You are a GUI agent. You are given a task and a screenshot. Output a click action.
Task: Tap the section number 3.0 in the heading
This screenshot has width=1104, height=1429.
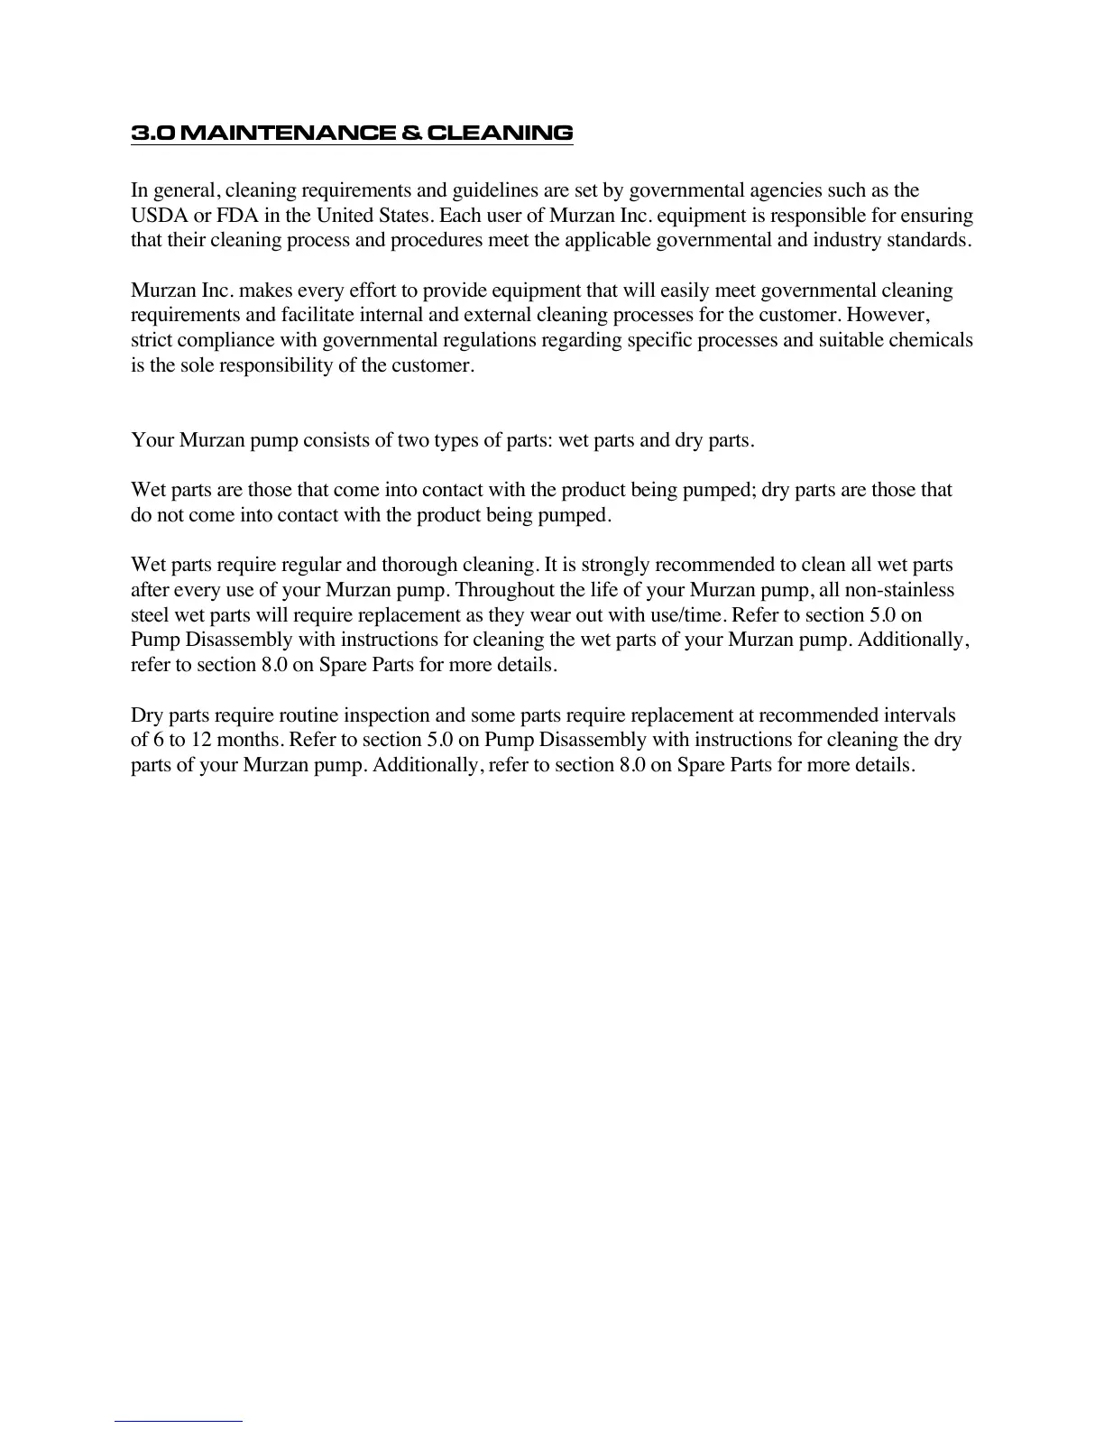pos(151,134)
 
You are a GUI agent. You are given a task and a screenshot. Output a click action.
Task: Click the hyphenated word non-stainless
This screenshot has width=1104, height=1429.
pos(898,590)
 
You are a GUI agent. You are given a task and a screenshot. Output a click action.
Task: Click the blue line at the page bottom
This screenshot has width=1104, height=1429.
pos(179,1421)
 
